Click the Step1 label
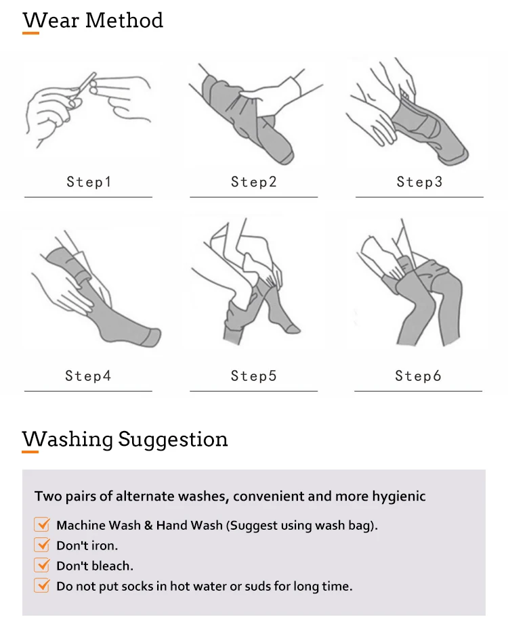[89, 182]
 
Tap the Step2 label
[254, 182]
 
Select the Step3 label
[419, 182]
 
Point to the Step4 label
[88, 376]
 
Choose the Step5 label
[254, 376]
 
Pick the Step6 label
[419, 376]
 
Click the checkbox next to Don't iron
[42, 545]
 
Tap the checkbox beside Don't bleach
[42, 565]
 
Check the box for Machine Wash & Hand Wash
[42, 524]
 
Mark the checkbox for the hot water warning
[42, 585]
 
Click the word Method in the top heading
[124, 20]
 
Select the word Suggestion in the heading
[173, 440]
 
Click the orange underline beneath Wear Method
[31, 33]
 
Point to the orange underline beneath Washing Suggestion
[30, 451]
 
